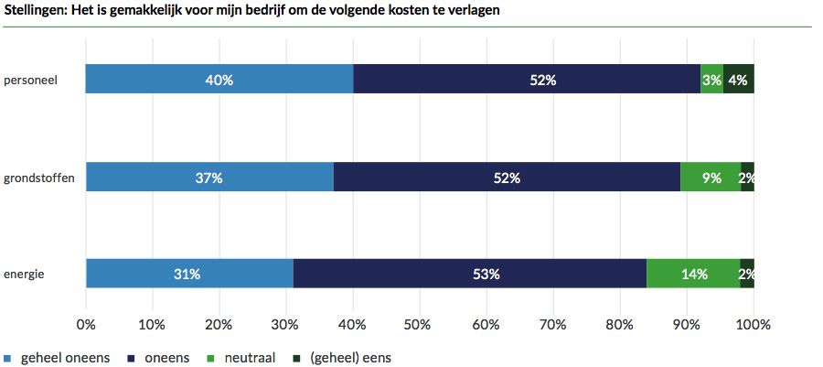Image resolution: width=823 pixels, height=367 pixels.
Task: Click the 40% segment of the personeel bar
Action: tap(219, 80)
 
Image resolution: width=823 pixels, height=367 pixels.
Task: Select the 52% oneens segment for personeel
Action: tap(527, 80)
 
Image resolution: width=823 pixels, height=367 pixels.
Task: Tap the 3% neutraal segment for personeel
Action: tap(711, 80)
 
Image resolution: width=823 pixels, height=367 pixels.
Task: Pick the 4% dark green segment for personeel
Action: tap(739, 80)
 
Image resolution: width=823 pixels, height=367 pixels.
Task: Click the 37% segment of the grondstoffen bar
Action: tap(209, 178)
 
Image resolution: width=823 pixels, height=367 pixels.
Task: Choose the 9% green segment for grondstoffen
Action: tap(711, 178)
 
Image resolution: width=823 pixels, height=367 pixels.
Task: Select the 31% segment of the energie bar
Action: tap(189, 274)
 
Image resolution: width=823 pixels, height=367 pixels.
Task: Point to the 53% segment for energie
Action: tap(470, 274)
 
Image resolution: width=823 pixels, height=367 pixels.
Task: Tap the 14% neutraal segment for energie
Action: tap(693, 274)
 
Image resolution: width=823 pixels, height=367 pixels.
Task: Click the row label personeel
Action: tap(31, 80)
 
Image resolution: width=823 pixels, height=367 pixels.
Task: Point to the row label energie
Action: tap(25, 274)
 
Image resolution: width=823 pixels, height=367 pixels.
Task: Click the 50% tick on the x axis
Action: tap(420, 324)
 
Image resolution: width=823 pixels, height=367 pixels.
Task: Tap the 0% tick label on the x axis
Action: tap(86, 324)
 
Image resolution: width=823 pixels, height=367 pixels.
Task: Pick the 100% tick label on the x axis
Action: tap(754, 324)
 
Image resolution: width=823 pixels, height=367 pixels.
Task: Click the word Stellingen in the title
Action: tap(35, 10)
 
